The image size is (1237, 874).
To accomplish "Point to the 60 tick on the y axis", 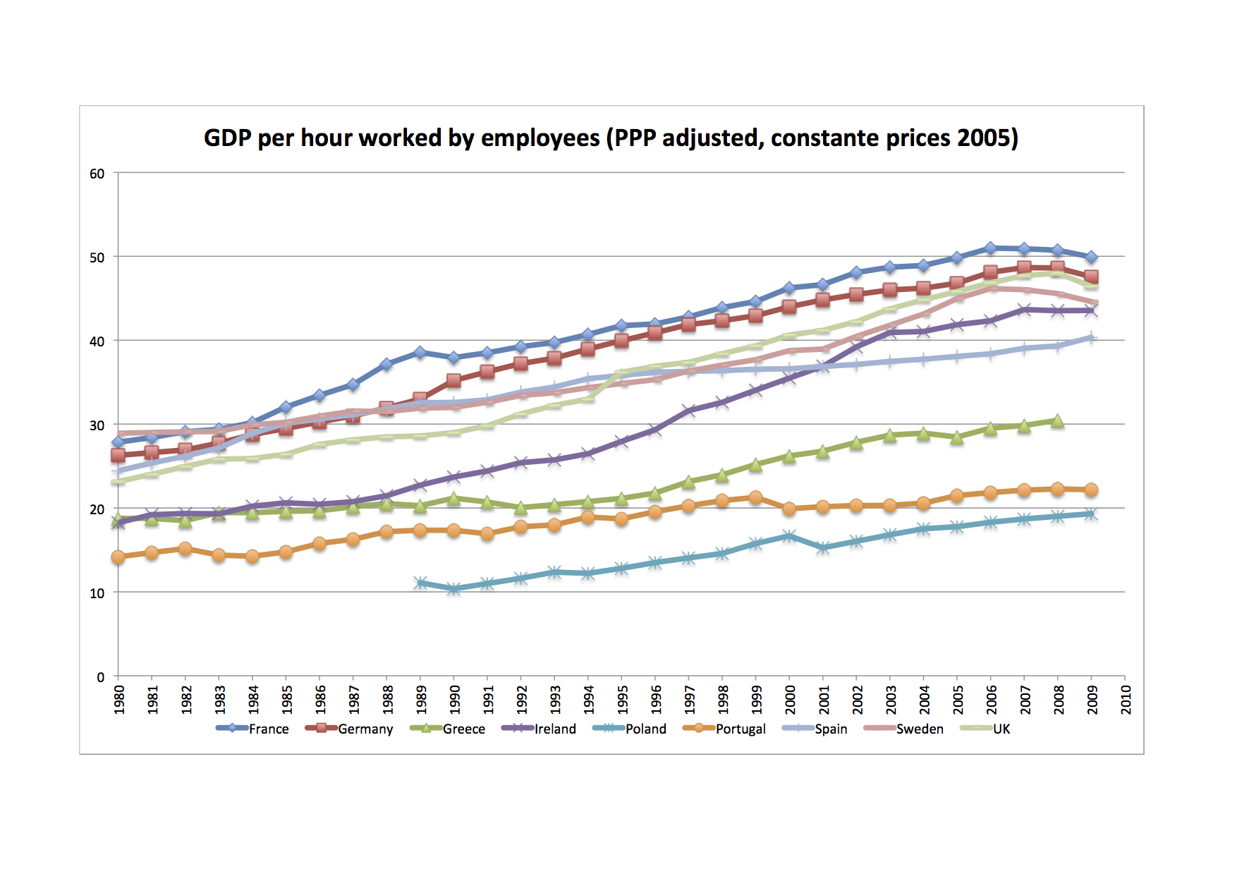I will point(97,174).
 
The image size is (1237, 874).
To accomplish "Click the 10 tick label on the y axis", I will point(97,593).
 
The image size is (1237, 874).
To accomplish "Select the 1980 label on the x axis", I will point(119,699).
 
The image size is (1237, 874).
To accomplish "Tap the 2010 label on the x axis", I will point(1126,699).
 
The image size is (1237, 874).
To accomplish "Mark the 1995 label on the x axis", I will point(623,699).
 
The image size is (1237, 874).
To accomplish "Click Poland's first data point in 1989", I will point(420,583).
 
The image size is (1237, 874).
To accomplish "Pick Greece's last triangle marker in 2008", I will point(1057,421).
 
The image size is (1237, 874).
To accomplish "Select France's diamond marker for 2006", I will point(990,248).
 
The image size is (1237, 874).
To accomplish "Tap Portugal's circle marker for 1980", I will point(118,557).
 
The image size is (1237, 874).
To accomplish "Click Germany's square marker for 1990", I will point(453,380).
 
